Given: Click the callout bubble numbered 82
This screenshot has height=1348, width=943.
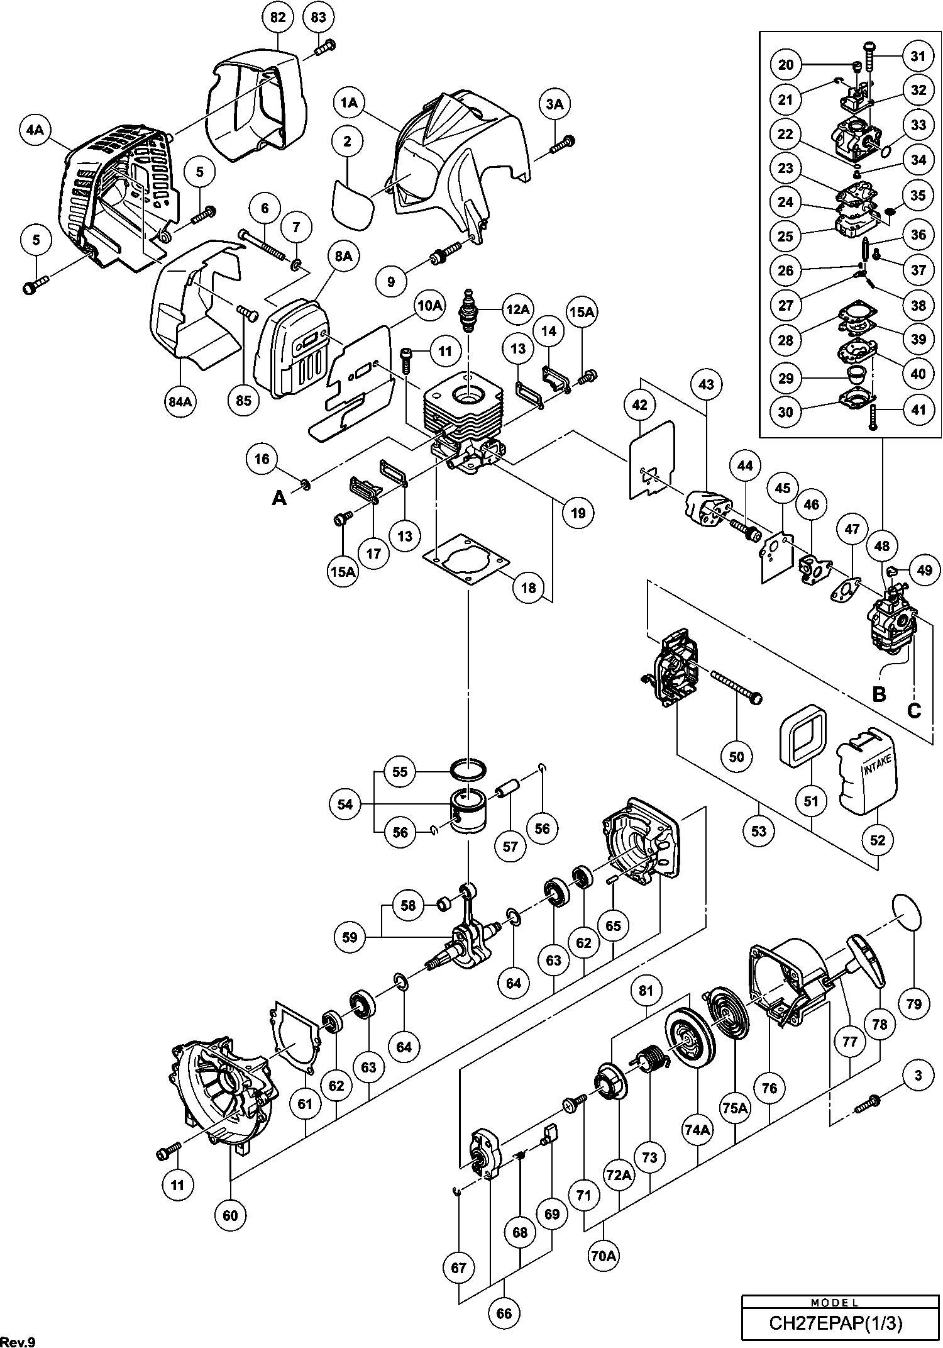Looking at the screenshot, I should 278,18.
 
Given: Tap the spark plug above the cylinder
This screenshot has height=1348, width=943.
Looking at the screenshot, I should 468,311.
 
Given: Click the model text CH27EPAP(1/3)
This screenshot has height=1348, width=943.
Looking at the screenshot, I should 835,1323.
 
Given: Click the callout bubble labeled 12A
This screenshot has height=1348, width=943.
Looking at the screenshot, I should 517,309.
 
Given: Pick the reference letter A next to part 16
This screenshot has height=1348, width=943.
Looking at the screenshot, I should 278,498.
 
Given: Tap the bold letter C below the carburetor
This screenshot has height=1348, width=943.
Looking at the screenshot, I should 913,711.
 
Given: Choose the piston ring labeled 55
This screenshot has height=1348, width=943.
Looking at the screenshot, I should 469,768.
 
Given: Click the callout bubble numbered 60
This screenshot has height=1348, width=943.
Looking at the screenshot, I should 231,1215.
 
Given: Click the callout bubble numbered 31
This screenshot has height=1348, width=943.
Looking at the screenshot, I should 918,56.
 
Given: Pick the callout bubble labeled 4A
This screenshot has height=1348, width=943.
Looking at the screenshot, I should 35,130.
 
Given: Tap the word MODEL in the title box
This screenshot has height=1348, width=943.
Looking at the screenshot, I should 835,1303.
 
